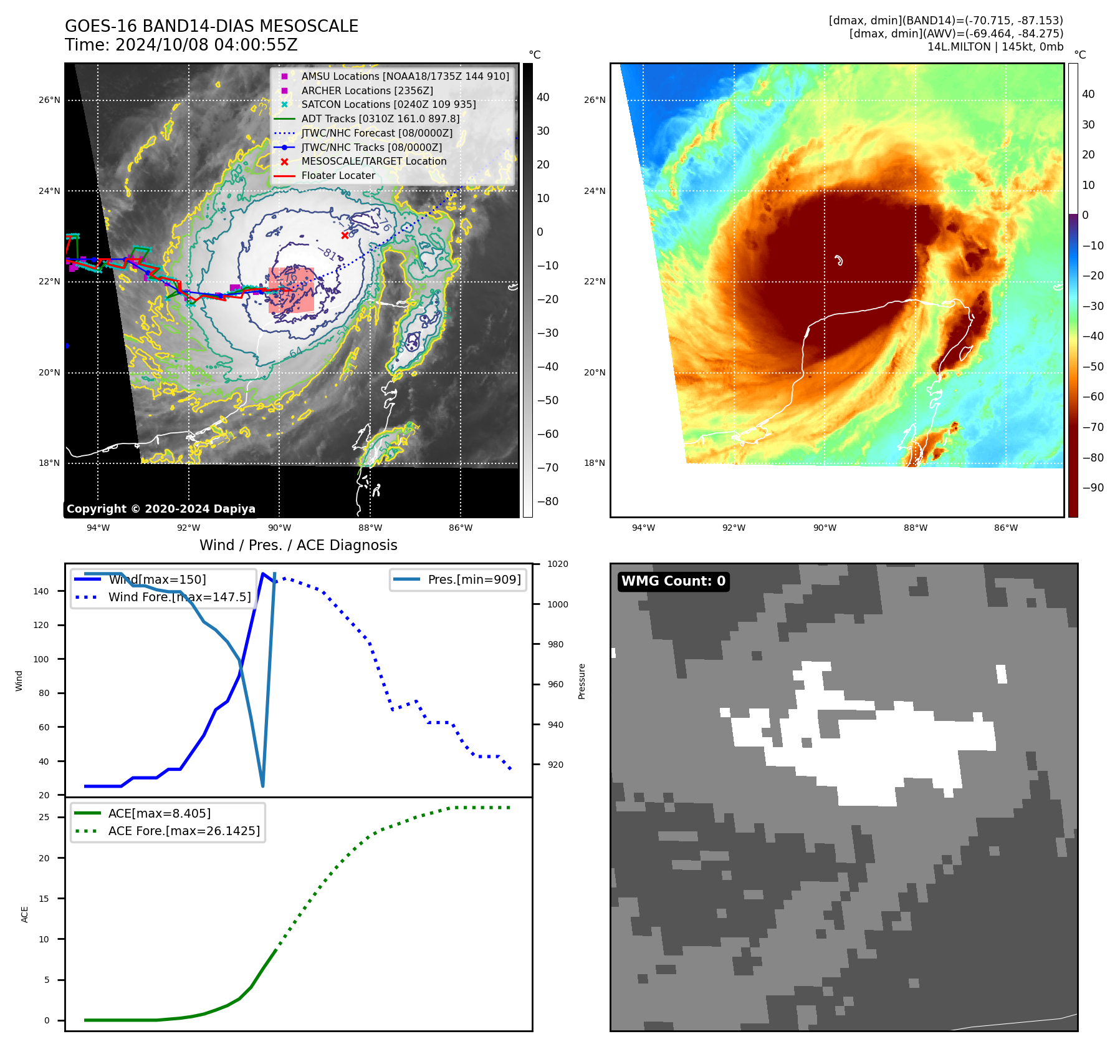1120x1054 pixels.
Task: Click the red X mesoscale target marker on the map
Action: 345,235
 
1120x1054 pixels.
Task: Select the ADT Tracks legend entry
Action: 380,118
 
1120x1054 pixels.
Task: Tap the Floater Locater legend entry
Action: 338,175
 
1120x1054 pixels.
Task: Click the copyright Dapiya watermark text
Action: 161,509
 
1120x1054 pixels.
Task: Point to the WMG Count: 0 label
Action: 673,581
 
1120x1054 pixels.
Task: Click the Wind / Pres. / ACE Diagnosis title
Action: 298,545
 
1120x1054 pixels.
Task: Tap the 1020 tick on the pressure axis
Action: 557,564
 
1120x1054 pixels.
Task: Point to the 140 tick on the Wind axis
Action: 41,591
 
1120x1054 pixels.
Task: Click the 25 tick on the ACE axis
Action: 44,817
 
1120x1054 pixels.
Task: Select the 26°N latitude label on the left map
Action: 49,100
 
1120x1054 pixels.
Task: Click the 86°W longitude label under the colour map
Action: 1005,528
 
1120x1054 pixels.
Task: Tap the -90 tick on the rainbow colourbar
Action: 1093,488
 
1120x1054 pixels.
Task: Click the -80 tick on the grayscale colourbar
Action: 547,501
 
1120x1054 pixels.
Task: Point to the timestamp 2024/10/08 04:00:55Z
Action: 206,45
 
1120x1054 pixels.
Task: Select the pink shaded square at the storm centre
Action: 291,290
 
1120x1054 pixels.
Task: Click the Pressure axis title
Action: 582,681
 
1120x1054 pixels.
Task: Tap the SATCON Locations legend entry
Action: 388,104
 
